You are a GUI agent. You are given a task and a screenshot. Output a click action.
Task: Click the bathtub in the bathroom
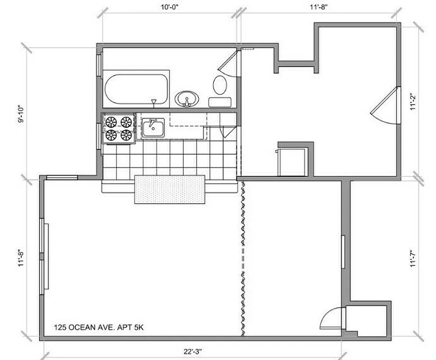136,89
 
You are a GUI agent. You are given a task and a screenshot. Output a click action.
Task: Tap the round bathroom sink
187,98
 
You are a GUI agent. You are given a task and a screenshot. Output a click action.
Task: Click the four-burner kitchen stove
119,128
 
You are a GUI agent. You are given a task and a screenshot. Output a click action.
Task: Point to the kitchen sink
153,128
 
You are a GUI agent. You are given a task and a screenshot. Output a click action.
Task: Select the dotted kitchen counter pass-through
170,189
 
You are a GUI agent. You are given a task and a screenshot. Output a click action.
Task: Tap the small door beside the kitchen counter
228,130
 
